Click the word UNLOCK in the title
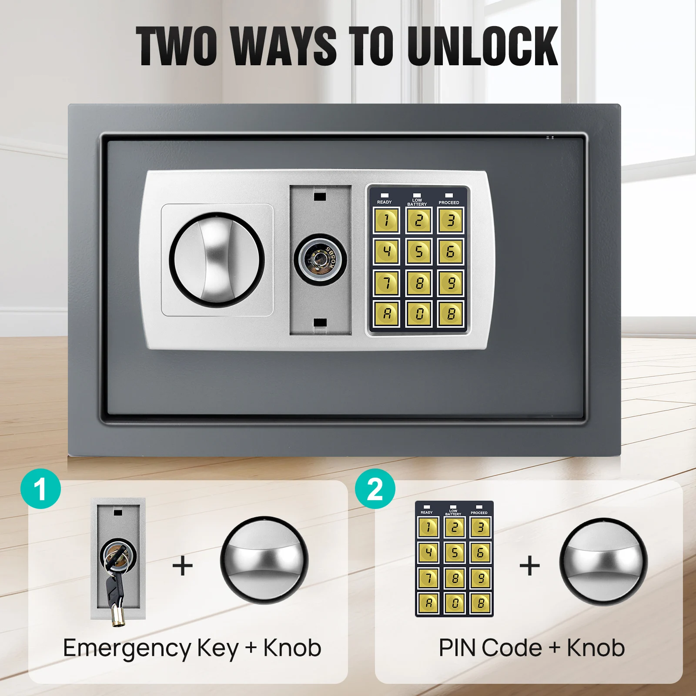483,46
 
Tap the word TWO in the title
177,46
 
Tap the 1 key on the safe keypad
386,221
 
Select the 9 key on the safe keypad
451,283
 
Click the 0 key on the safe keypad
418,314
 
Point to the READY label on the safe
384,202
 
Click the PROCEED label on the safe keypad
449,202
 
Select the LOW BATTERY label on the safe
417,202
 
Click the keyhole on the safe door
321,260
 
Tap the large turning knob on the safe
217,260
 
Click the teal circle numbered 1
40,489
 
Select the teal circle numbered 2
375,489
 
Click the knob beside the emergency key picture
264,560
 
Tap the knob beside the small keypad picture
603,561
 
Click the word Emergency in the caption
127,648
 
